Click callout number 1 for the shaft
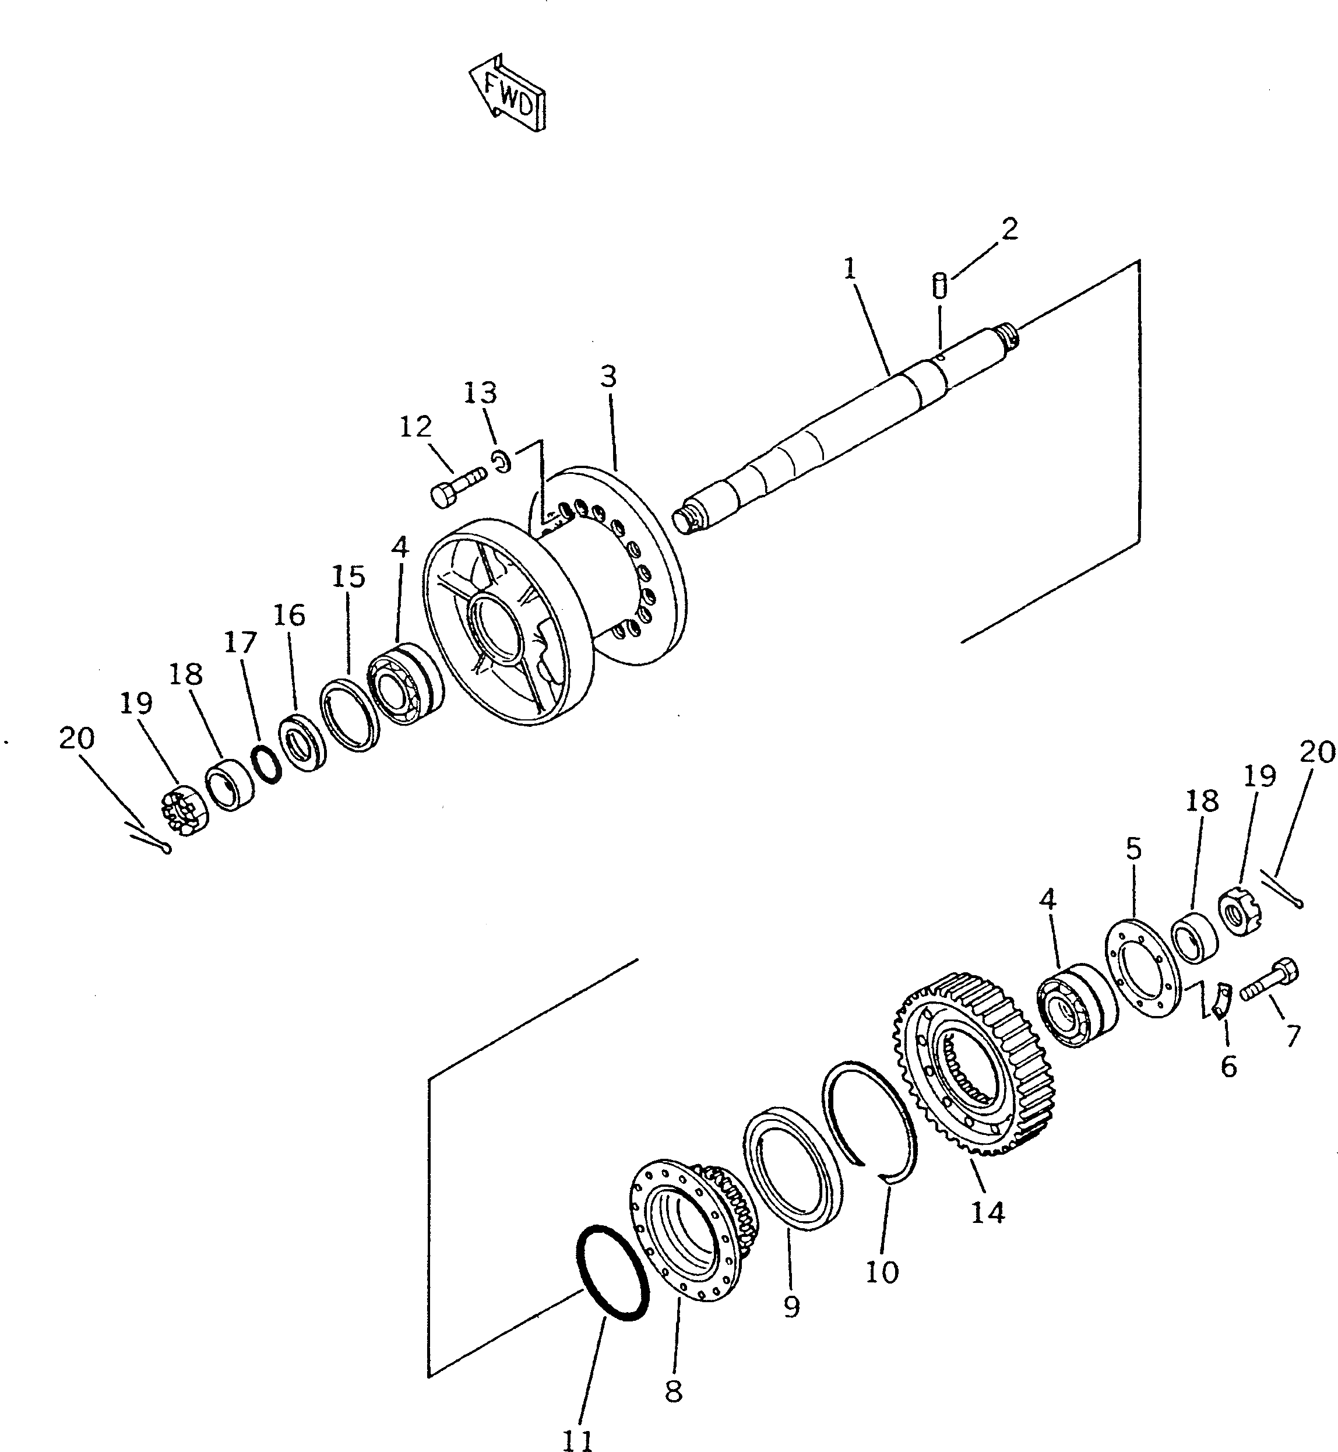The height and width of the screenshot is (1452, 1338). [x=850, y=269]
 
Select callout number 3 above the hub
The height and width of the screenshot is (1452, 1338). [x=608, y=377]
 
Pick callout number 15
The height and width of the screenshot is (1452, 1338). [x=348, y=577]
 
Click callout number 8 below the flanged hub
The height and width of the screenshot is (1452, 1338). [x=673, y=1390]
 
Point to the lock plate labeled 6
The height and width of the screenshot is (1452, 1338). [x=1221, y=1007]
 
